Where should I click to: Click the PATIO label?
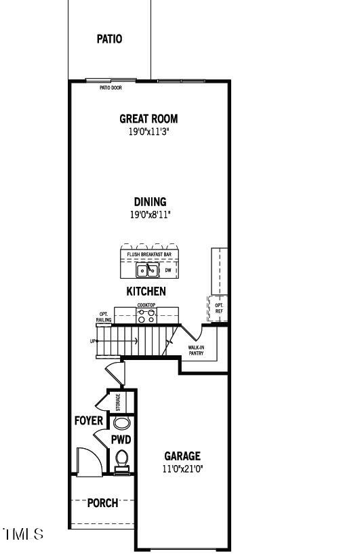109,39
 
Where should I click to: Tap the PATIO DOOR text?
111,87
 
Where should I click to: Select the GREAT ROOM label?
148,119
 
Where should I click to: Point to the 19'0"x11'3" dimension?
148,132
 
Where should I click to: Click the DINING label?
149,201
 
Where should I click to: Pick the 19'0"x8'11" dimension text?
149,214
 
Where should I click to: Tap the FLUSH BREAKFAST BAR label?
149,254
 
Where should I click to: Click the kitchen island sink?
147,271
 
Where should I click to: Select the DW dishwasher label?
168,270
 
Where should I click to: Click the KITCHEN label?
146,292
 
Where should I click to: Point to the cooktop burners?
146,315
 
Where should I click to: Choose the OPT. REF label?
219,308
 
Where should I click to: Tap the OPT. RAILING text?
104,317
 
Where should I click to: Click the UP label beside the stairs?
93,341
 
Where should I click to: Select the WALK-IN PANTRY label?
196,351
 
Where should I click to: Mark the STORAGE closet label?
118,402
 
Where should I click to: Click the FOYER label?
89,421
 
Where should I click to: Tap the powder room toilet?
122,460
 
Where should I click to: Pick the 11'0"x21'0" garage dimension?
182,468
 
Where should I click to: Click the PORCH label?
102,503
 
